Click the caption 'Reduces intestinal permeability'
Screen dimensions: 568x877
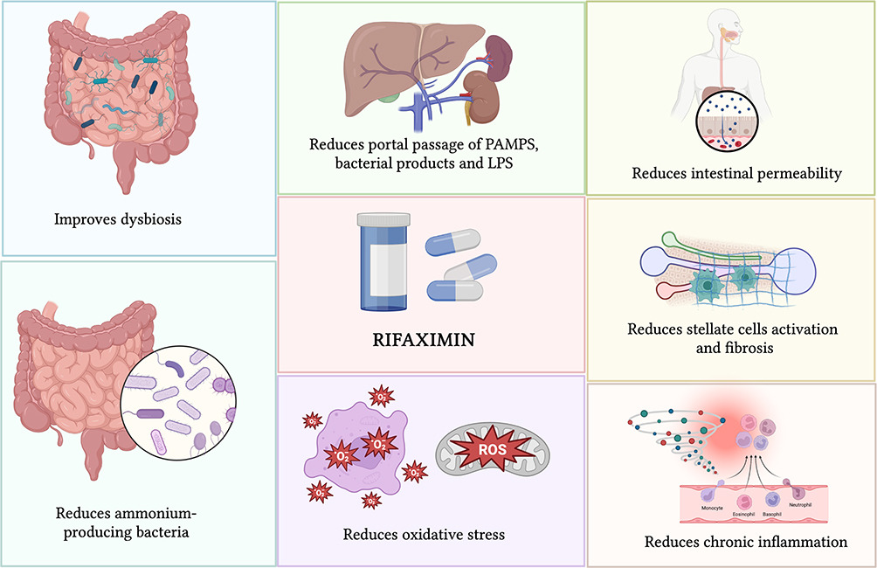[736, 173]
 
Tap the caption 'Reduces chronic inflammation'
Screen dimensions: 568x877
[745, 542]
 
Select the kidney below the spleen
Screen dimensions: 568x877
[481, 95]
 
